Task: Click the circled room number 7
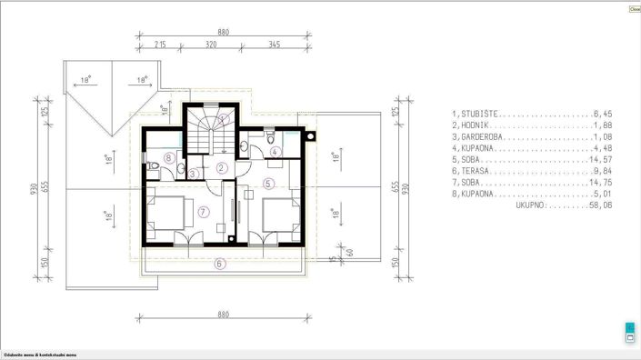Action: coord(204,211)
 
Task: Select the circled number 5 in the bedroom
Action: coord(267,183)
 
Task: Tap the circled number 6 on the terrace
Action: coord(219,265)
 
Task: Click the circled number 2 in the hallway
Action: coord(222,167)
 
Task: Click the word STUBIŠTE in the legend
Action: coord(481,115)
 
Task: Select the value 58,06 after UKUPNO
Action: coord(600,206)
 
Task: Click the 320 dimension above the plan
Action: coord(211,43)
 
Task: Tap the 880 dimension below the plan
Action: coord(223,315)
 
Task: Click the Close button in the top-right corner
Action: coord(634,8)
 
